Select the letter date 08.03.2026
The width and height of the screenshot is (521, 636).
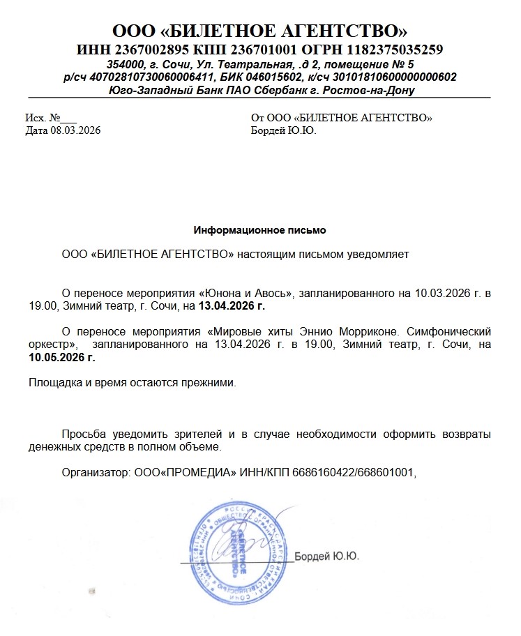(75, 130)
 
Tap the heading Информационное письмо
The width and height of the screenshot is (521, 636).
(259, 229)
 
